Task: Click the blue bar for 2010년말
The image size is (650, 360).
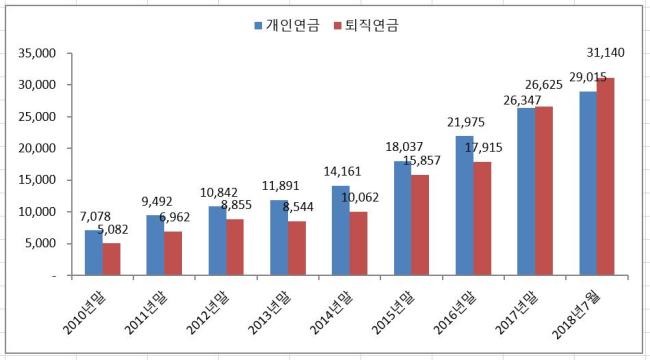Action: click(94, 253)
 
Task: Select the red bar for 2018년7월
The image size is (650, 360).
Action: click(606, 176)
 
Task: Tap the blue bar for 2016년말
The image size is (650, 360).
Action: click(465, 205)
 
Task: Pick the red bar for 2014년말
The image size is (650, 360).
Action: click(359, 243)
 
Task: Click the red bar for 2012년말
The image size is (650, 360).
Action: click(235, 247)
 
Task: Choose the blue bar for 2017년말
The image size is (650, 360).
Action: click(526, 192)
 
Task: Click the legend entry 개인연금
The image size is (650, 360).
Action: click(287, 26)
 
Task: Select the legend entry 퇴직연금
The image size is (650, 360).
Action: click(366, 26)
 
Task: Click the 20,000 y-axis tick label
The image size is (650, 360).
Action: click(37, 148)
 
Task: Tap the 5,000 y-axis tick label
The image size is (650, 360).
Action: click(40, 243)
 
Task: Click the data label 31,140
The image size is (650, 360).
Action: click(605, 53)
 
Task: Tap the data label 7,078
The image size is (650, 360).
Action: click(95, 216)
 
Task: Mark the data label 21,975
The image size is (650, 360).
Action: click(466, 122)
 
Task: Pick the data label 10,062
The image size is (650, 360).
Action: click(360, 197)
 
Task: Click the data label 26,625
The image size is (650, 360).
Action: click(544, 85)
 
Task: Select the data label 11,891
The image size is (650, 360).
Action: click(280, 186)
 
